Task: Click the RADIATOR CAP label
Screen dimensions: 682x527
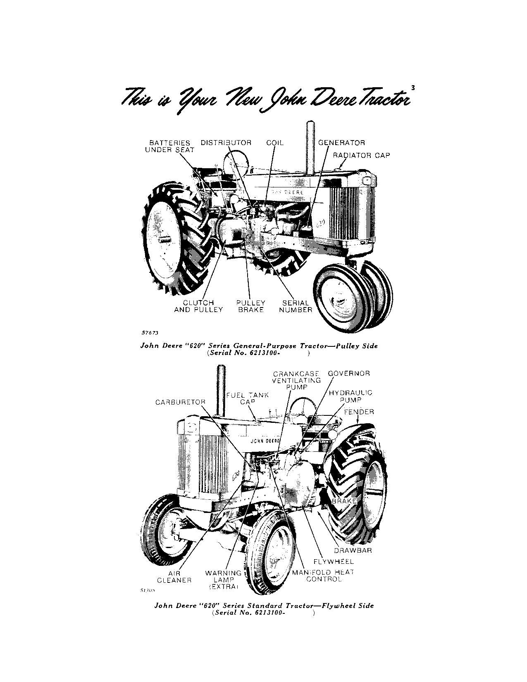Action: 361,155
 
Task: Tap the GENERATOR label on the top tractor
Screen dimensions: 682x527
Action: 341,143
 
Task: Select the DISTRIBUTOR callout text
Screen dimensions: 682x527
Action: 226,143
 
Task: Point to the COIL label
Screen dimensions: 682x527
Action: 275,143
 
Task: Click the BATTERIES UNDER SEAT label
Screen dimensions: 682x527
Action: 169,146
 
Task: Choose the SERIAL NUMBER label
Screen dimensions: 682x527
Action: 296,306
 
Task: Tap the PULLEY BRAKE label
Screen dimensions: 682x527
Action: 251,306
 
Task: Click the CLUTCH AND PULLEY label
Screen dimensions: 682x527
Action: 198,306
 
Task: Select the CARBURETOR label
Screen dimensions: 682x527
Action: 180,402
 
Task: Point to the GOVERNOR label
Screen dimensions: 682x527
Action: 349,373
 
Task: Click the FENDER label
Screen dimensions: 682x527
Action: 359,412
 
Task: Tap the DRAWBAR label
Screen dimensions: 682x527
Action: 353,550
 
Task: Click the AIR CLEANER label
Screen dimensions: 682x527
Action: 174,577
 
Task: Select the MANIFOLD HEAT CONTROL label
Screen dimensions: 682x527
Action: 323,576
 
